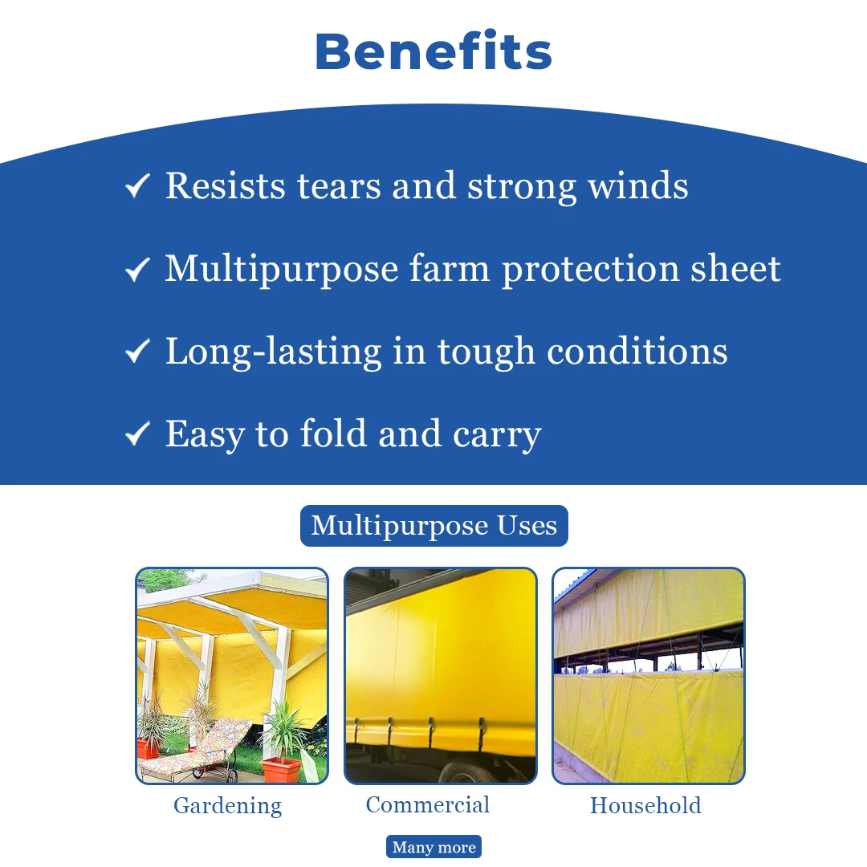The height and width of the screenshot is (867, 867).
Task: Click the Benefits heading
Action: pyautogui.click(x=433, y=51)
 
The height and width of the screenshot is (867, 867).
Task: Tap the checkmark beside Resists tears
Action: pyautogui.click(x=137, y=185)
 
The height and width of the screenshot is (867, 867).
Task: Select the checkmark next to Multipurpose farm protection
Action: pyautogui.click(x=137, y=269)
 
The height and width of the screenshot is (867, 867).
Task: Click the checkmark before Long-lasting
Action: pyautogui.click(x=137, y=351)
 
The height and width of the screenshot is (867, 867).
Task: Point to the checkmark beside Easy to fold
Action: pyautogui.click(x=137, y=433)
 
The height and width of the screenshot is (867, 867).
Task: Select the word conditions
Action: pyautogui.click(x=637, y=351)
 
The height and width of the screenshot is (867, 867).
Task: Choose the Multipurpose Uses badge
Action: pyautogui.click(x=434, y=525)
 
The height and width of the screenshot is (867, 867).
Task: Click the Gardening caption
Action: pyautogui.click(x=228, y=806)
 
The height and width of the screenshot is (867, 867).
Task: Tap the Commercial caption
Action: pyautogui.click(x=428, y=804)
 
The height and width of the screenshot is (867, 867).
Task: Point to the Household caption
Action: pyautogui.click(x=645, y=805)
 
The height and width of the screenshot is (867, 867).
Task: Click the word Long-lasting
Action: pyautogui.click(x=274, y=352)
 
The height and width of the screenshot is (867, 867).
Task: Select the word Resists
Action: pyautogui.click(x=226, y=185)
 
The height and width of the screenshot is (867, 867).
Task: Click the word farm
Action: pyautogui.click(x=450, y=269)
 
